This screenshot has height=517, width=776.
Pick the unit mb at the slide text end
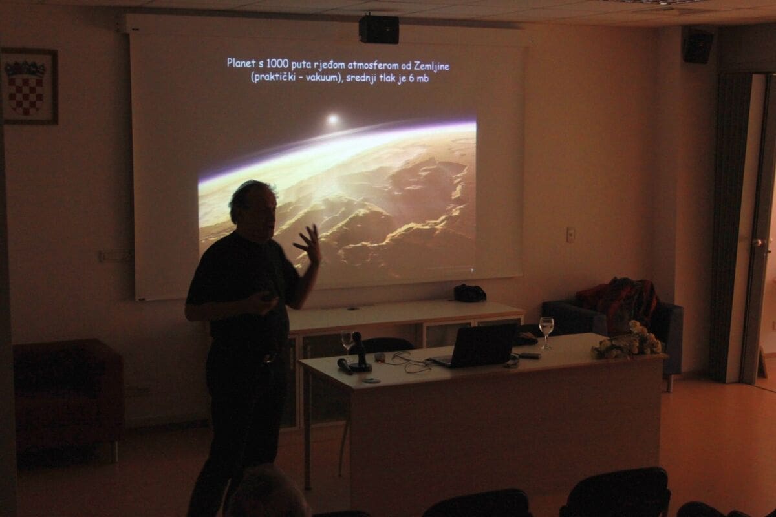(423, 79)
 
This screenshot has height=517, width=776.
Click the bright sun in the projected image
(332, 120)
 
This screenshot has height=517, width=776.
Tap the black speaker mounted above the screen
(379, 30)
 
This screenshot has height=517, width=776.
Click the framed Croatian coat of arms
(30, 86)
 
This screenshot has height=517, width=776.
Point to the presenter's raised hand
(308, 244)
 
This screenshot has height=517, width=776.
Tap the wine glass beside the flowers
(546, 332)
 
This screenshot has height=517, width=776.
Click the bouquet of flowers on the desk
(627, 341)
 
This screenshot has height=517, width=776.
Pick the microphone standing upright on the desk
(360, 352)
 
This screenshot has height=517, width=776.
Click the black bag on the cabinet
(469, 293)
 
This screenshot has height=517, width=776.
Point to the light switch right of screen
(570, 235)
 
